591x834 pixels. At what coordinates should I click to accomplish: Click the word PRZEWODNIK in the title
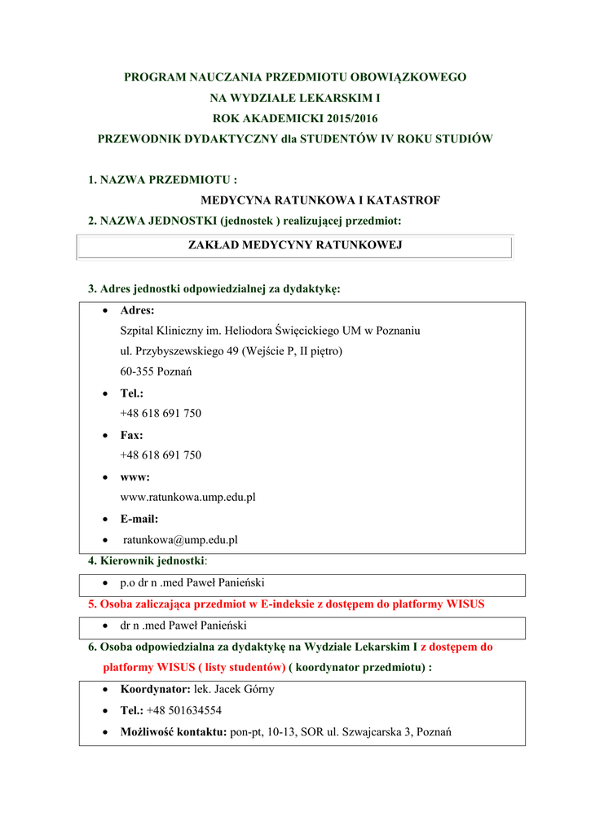point(139,138)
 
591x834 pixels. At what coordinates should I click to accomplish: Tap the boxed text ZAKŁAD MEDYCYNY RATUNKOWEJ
point(295,244)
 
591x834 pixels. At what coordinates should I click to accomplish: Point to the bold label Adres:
point(137,310)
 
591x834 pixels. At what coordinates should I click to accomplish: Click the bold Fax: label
point(131,435)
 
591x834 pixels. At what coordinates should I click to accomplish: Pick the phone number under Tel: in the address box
point(161,413)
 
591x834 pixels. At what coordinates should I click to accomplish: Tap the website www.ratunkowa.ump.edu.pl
point(188,497)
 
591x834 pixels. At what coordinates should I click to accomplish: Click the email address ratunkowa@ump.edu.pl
point(180,539)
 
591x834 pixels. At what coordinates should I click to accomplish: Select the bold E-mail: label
point(139,518)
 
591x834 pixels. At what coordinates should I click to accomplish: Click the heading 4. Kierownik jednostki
point(148,560)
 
